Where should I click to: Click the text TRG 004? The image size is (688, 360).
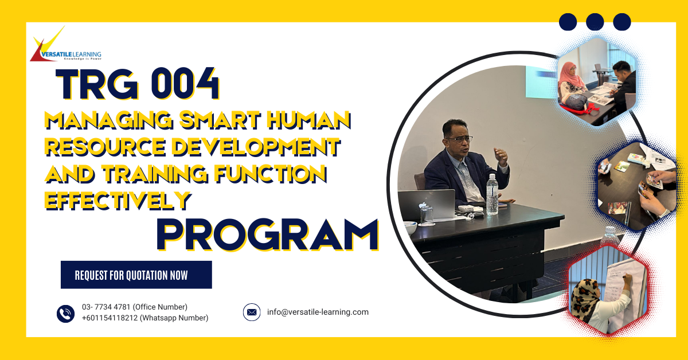138,85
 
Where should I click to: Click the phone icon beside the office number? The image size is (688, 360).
66,313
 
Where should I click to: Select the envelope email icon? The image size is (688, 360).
252,312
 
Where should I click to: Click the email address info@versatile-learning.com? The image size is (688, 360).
318,312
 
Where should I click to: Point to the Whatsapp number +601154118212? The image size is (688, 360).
145,318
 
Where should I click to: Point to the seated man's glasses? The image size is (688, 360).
462,139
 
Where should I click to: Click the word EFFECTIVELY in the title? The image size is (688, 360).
118,199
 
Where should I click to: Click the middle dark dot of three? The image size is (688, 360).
595,22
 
